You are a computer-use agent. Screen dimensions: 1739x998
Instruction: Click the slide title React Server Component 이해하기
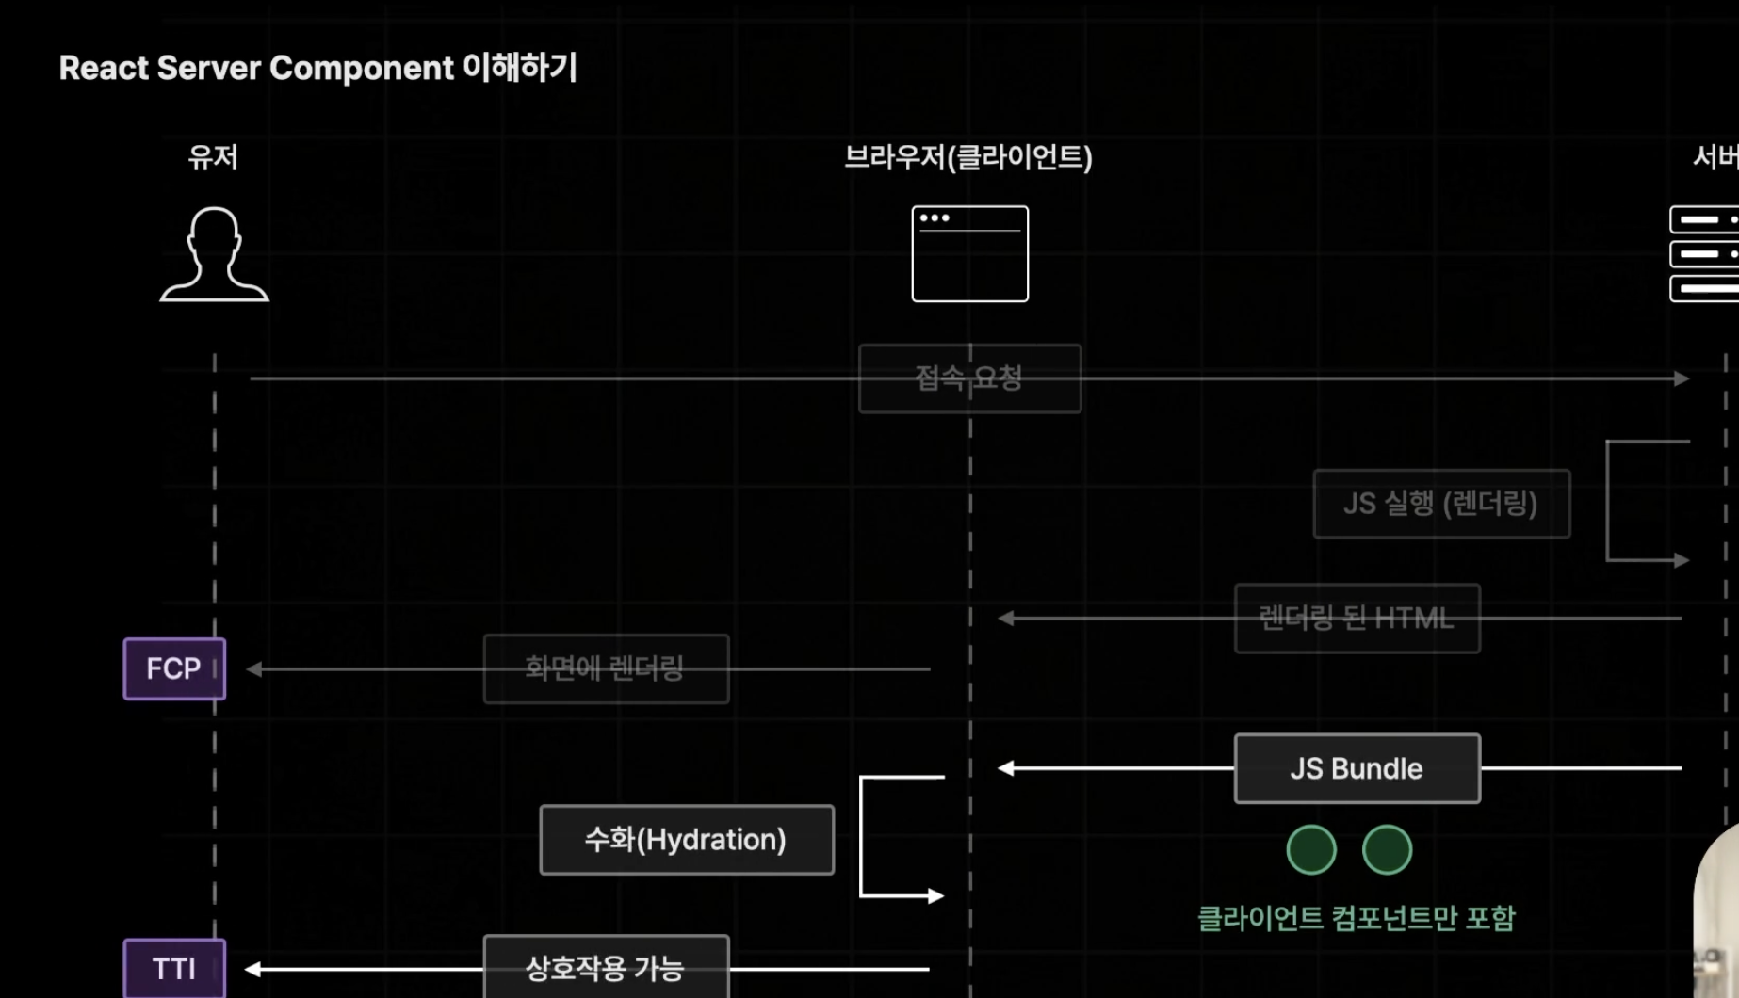317,68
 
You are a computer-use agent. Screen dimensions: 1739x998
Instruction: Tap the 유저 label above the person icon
213,157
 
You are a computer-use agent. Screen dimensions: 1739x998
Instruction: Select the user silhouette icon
214,254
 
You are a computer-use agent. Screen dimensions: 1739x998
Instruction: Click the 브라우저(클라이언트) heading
968,157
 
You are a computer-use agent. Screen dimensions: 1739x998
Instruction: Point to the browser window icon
969,254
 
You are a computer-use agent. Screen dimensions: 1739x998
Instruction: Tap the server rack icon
1704,254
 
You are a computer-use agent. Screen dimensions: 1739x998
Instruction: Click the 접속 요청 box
969,378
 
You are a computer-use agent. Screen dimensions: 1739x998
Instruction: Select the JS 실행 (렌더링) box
1441,504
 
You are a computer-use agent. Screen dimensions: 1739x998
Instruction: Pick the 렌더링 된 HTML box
1357,619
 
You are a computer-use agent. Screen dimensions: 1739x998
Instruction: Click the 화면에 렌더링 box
606,669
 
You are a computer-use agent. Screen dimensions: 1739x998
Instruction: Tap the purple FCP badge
174,669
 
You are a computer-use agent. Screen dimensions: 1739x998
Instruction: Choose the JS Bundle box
1357,768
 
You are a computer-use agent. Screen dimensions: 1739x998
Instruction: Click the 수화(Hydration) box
686,840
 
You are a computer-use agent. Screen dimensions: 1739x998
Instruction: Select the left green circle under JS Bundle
1311,850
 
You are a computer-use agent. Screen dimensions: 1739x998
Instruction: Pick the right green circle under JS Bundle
1387,850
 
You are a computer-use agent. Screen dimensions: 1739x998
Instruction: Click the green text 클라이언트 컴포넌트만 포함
1356,918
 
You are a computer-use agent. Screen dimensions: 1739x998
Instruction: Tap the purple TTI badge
174,969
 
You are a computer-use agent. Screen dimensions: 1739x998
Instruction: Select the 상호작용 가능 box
606,968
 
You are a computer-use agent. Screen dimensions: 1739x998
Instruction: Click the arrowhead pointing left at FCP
254,669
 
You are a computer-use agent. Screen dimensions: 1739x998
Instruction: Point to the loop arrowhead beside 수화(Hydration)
935,895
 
